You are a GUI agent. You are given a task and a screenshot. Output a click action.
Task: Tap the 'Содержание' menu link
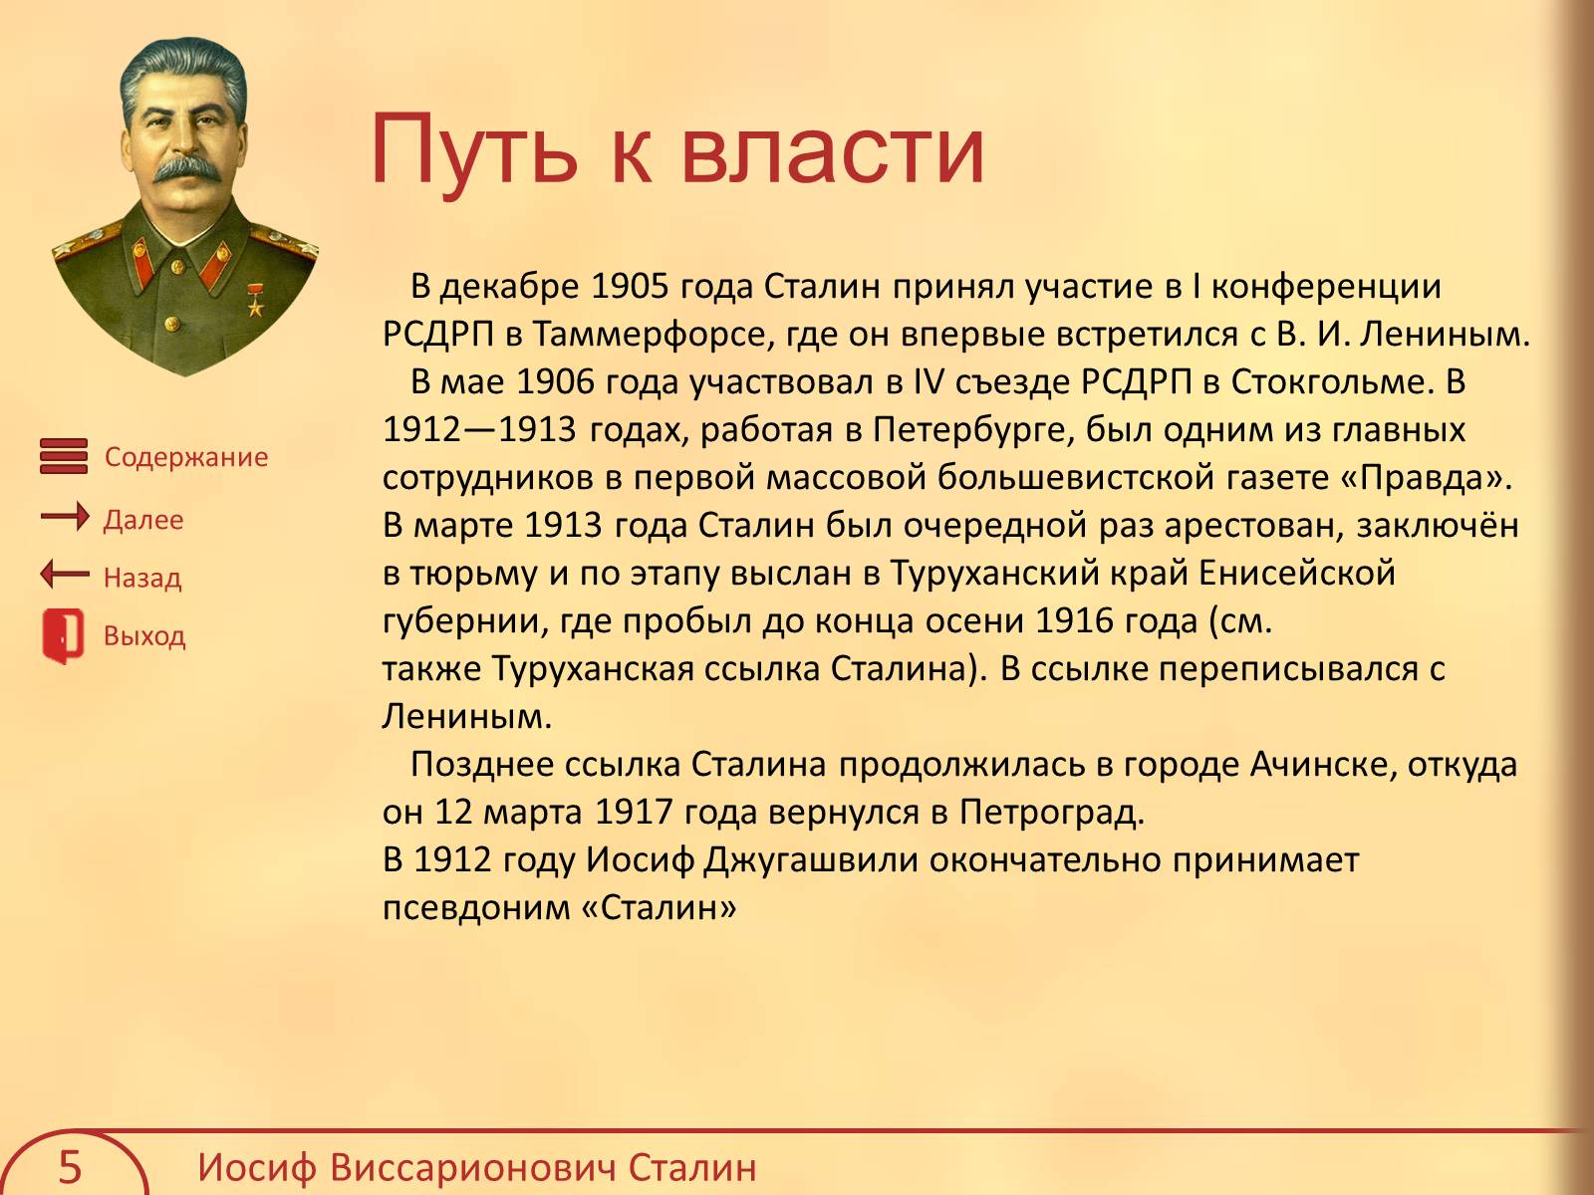tap(186, 457)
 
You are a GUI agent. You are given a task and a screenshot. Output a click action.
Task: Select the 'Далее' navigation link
tap(143, 520)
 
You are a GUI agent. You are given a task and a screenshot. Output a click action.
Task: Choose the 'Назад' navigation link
tap(142, 578)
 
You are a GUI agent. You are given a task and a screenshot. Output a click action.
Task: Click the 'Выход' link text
tap(144, 635)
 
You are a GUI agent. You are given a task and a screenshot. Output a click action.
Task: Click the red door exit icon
tap(63, 636)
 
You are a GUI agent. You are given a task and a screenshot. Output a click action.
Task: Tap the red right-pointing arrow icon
tap(65, 517)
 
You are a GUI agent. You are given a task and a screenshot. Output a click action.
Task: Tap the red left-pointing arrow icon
tap(65, 575)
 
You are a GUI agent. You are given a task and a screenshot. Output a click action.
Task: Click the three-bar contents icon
tap(64, 456)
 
